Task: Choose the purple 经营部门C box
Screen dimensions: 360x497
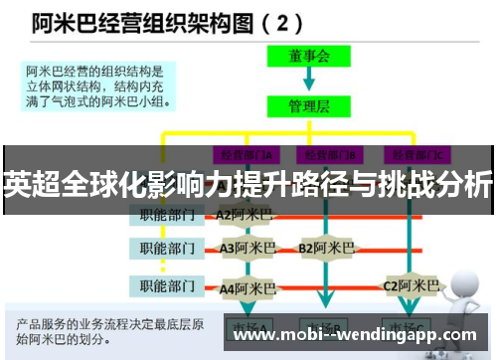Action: (417, 155)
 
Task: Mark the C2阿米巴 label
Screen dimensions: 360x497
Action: (411, 286)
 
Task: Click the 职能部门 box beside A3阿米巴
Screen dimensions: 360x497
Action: (166, 247)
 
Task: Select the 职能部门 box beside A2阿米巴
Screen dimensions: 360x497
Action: (166, 213)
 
